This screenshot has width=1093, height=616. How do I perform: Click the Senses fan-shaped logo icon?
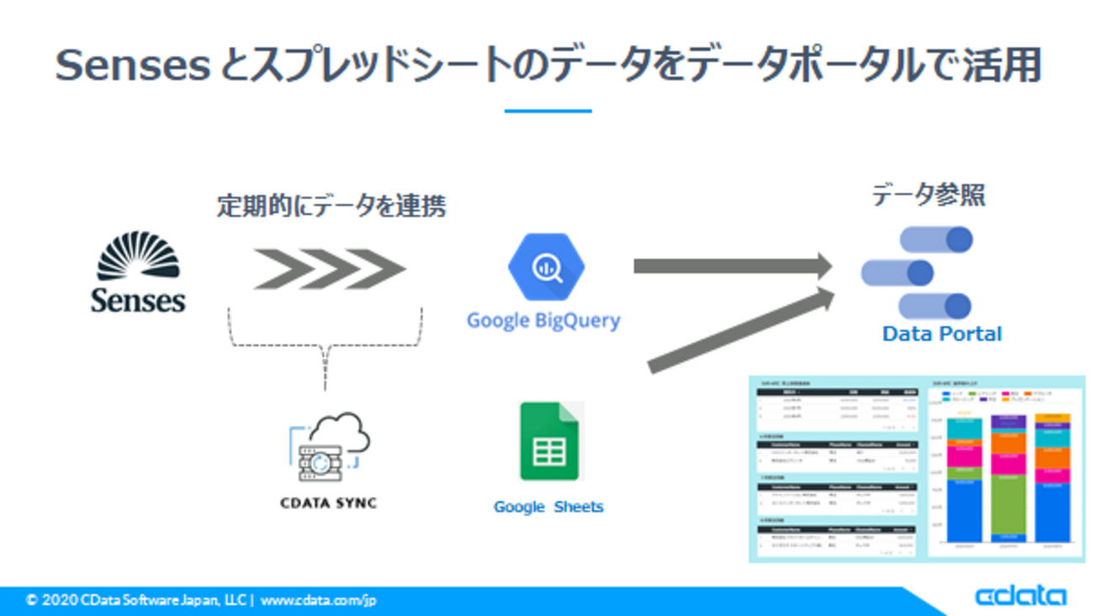click(x=138, y=255)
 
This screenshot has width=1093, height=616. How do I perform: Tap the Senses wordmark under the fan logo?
click(x=138, y=300)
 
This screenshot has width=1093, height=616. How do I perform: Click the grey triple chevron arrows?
click(x=329, y=268)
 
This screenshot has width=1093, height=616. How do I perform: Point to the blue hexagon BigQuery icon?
click(x=546, y=266)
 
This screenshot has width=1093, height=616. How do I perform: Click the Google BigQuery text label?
click(x=544, y=321)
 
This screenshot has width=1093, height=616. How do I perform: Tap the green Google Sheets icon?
click(x=549, y=441)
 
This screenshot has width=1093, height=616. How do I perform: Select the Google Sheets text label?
click(x=548, y=507)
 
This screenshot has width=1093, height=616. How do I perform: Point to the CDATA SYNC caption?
click(x=328, y=503)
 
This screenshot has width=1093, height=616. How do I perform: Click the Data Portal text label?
click(x=942, y=334)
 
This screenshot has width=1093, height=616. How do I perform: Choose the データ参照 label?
click(x=928, y=196)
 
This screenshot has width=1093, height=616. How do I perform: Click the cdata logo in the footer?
click(x=1020, y=597)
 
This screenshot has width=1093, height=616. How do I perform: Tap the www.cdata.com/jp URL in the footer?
click(x=318, y=601)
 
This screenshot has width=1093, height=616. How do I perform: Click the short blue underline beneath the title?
click(x=548, y=110)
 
